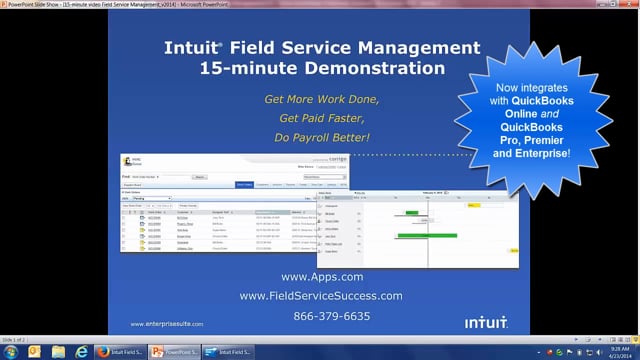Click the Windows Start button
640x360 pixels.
(x=10, y=351)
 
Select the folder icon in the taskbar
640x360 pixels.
(x=58, y=351)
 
